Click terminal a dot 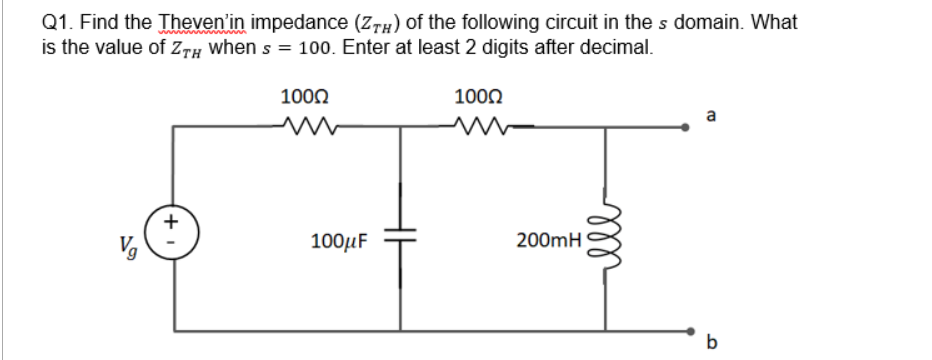tap(686, 127)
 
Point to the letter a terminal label tap(711, 116)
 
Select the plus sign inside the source tap(171, 217)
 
